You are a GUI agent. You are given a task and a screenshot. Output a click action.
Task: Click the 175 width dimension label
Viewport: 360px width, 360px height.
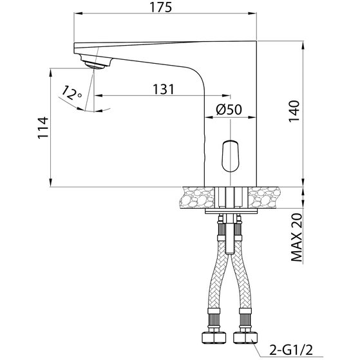click(x=161, y=7)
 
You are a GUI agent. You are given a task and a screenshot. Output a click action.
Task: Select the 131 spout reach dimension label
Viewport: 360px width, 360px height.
click(x=164, y=89)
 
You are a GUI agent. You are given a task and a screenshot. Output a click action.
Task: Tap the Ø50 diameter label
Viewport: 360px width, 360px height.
click(x=229, y=109)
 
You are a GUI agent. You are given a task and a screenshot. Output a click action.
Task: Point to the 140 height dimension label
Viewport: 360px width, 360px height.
click(x=294, y=111)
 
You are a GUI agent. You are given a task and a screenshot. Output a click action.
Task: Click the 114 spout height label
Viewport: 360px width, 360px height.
click(x=43, y=128)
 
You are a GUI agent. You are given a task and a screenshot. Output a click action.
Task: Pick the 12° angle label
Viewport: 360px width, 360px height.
click(x=71, y=93)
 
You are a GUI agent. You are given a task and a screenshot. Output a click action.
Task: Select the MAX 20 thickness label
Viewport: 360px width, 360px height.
click(x=297, y=238)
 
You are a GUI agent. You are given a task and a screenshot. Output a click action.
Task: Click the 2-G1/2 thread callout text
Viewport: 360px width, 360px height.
click(x=291, y=350)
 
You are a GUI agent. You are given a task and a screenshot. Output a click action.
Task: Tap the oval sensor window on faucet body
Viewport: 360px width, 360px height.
click(x=231, y=156)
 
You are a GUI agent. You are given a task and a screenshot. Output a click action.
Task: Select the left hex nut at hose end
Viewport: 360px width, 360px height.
click(x=214, y=337)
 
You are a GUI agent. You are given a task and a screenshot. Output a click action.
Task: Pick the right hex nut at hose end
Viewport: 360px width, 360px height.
click(x=245, y=337)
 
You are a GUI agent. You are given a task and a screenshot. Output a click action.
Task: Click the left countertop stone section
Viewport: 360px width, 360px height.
click(x=197, y=197)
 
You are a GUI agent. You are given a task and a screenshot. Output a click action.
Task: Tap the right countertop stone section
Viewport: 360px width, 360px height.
click(x=265, y=197)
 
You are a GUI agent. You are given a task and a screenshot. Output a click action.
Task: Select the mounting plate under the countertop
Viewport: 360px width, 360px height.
click(x=231, y=211)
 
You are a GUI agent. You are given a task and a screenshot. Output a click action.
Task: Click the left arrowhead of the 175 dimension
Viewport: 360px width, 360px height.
click(x=78, y=14)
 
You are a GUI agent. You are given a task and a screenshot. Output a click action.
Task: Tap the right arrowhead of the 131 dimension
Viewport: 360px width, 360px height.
click(x=225, y=95)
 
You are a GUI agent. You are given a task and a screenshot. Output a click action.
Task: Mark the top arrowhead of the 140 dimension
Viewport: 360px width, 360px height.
click(x=303, y=45)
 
